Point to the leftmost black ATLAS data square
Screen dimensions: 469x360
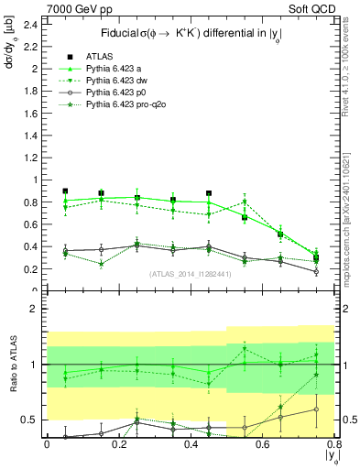tap(65, 191)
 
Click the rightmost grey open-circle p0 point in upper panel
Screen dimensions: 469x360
tap(316, 271)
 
